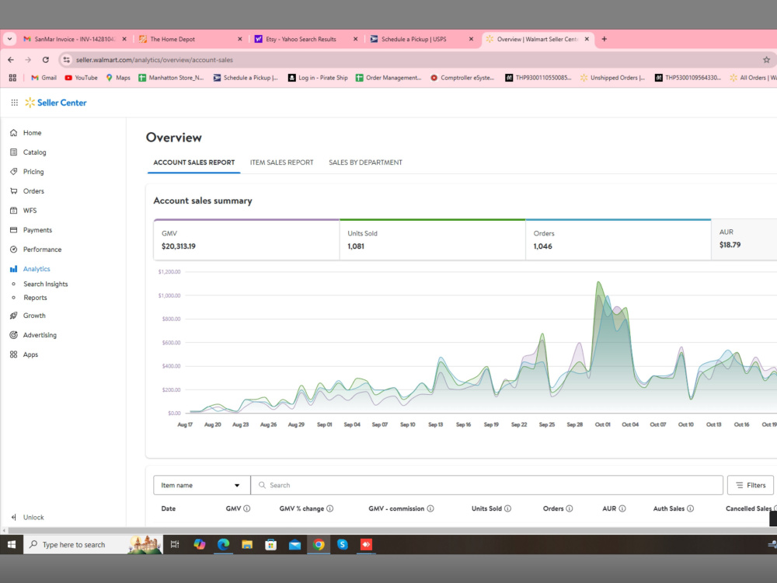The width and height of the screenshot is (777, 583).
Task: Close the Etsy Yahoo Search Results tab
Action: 355,39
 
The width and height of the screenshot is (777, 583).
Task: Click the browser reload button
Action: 46,60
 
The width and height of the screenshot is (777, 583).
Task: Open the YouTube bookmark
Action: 82,78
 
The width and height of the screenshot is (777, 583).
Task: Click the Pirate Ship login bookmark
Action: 318,78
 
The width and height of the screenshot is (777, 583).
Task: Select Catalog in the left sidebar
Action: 35,152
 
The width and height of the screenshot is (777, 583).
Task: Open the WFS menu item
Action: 30,210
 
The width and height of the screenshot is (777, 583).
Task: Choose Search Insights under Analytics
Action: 46,284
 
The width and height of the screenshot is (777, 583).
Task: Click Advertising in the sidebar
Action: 40,335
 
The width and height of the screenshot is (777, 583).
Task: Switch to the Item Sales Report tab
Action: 281,162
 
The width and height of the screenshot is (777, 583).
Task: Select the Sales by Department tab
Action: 365,162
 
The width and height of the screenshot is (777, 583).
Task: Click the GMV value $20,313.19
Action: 179,246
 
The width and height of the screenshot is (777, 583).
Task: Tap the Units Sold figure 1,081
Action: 356,246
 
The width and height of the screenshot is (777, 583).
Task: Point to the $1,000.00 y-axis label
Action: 169,295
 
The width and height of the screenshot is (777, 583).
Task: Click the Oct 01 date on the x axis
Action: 603,424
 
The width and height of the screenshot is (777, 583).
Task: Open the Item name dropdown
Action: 202,485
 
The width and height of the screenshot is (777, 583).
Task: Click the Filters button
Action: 751,485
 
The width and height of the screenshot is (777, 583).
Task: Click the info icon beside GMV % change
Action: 330,508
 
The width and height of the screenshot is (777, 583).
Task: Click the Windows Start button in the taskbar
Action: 12,544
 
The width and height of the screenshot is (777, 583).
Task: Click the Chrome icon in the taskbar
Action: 319,544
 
